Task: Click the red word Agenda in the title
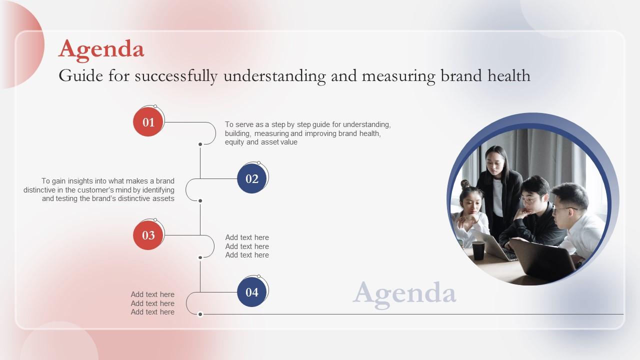(x=101, y=49)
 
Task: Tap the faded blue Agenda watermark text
(x=404, y=293)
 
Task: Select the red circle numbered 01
(x=148, y=122)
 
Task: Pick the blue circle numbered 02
(x=252, y=178)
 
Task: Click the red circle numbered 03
(x=148, y=235)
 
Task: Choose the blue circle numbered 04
(x=252, y=292)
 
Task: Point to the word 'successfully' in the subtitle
(x=176, y=76)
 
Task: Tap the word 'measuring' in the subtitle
(x=398, y=76)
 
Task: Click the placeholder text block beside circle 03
(x=247, y=246)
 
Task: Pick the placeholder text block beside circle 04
(x=152, y=303)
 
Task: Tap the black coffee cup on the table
(x=478, y=250)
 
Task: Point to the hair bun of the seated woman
(x=465, y=184)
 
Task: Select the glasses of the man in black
(x=528, y=199)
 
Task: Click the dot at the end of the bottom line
(x=200, y=314)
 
